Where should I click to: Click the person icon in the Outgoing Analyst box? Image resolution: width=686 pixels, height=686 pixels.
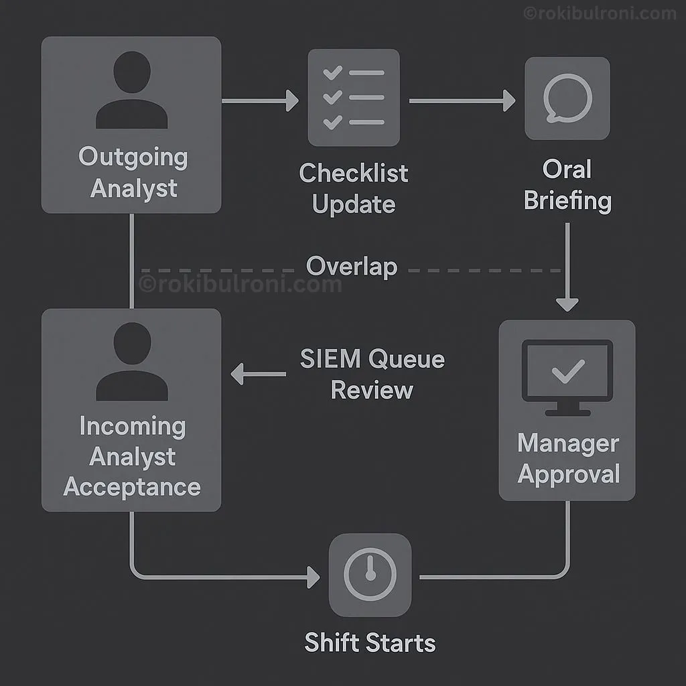(x=131, y=90)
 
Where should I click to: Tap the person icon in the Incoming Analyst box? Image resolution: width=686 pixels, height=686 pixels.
(x=131, y=362)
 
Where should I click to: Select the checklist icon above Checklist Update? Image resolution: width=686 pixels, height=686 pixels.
(x=353, y=98)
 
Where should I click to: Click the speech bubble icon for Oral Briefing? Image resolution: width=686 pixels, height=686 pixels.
(x=567, y=98)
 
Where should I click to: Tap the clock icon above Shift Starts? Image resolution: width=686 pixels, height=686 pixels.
(x=370, y=575)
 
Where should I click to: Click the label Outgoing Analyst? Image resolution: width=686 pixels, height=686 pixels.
(x=133, y=173)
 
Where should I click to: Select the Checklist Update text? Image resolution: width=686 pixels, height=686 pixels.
(x=353, y=188)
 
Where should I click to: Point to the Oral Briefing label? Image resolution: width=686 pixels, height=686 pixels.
(x=567, y=184)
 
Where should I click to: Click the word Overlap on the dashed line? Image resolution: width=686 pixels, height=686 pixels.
(x=352, y=267)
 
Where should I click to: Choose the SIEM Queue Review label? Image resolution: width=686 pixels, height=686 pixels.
(x=372, y=374)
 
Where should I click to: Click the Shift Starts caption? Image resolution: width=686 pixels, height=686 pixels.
(x=370, y=643)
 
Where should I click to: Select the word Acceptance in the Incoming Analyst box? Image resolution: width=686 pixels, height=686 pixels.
(x=132, y=487)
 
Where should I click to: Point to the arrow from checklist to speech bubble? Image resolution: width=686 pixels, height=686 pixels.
(x=462, y=101)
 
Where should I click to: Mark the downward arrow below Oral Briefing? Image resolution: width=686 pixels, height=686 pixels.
(x=567, y=268)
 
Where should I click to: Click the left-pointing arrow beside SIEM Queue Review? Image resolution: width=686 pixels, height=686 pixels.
(x=258, y=374)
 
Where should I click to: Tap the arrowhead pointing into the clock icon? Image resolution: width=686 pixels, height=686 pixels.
(x=312, y=577)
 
